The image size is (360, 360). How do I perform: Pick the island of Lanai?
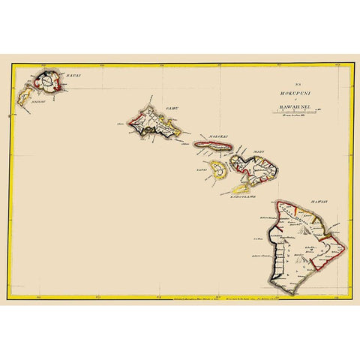217,169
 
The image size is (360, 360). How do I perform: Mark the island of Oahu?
153,123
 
